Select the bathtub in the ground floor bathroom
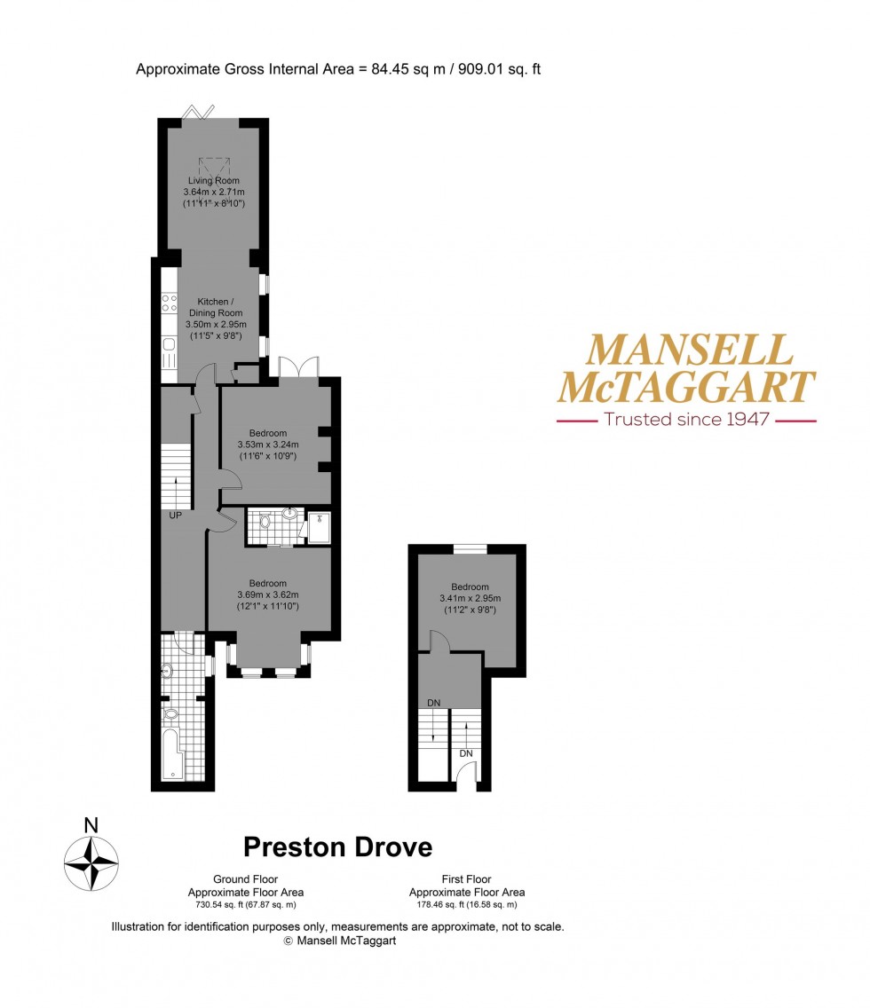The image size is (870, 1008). point(171,753)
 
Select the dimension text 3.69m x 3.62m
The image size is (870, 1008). point(268,595)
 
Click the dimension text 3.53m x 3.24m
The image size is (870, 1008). point(268,445)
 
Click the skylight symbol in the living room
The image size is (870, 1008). point(213,166)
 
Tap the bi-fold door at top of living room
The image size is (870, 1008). point(199,112)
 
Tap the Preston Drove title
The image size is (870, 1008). point(337,847)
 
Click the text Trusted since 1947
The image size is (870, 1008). point(685,419)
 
